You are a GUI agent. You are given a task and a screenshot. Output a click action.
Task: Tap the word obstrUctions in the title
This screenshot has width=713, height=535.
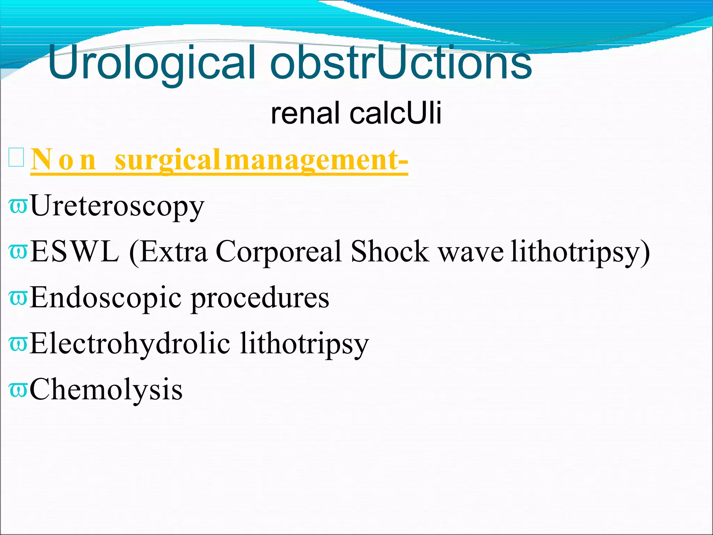[400, 63]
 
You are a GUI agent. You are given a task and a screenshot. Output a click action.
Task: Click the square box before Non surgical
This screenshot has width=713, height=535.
[16, 157]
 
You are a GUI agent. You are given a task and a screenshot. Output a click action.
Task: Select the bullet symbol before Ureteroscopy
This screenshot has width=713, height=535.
[18, 206]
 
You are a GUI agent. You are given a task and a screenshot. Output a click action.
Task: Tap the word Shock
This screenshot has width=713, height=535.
[390, 251]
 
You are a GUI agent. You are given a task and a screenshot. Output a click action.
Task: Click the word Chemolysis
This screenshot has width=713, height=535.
[106, 389]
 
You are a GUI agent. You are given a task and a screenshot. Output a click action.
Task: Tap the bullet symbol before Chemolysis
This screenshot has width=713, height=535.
[18, 389]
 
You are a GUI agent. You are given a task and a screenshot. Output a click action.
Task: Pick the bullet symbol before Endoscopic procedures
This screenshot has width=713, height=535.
[18, 298]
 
